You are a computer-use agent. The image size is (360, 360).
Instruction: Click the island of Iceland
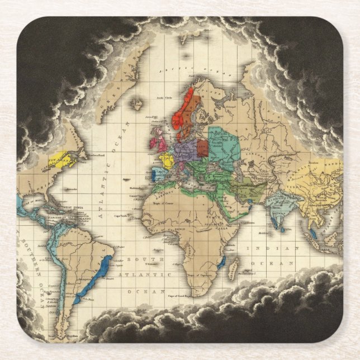[136, 103]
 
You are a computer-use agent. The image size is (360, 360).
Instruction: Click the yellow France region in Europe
[167, 160]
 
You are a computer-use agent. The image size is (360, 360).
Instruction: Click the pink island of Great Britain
[162, 142]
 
